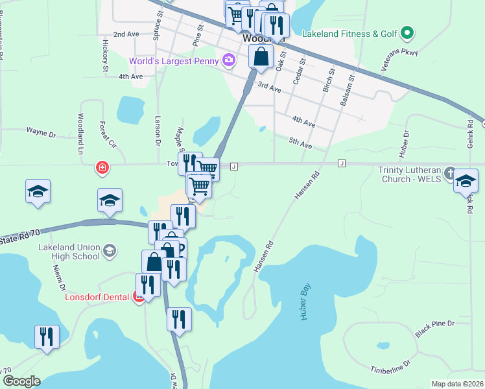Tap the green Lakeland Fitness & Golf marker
407,32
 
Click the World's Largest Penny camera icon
228,61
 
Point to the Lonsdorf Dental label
98,298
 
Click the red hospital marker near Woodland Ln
102,169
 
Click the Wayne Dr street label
41,131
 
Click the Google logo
21,381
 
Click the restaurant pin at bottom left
47,337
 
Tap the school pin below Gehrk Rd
465,181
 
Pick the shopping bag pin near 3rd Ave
261,57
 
